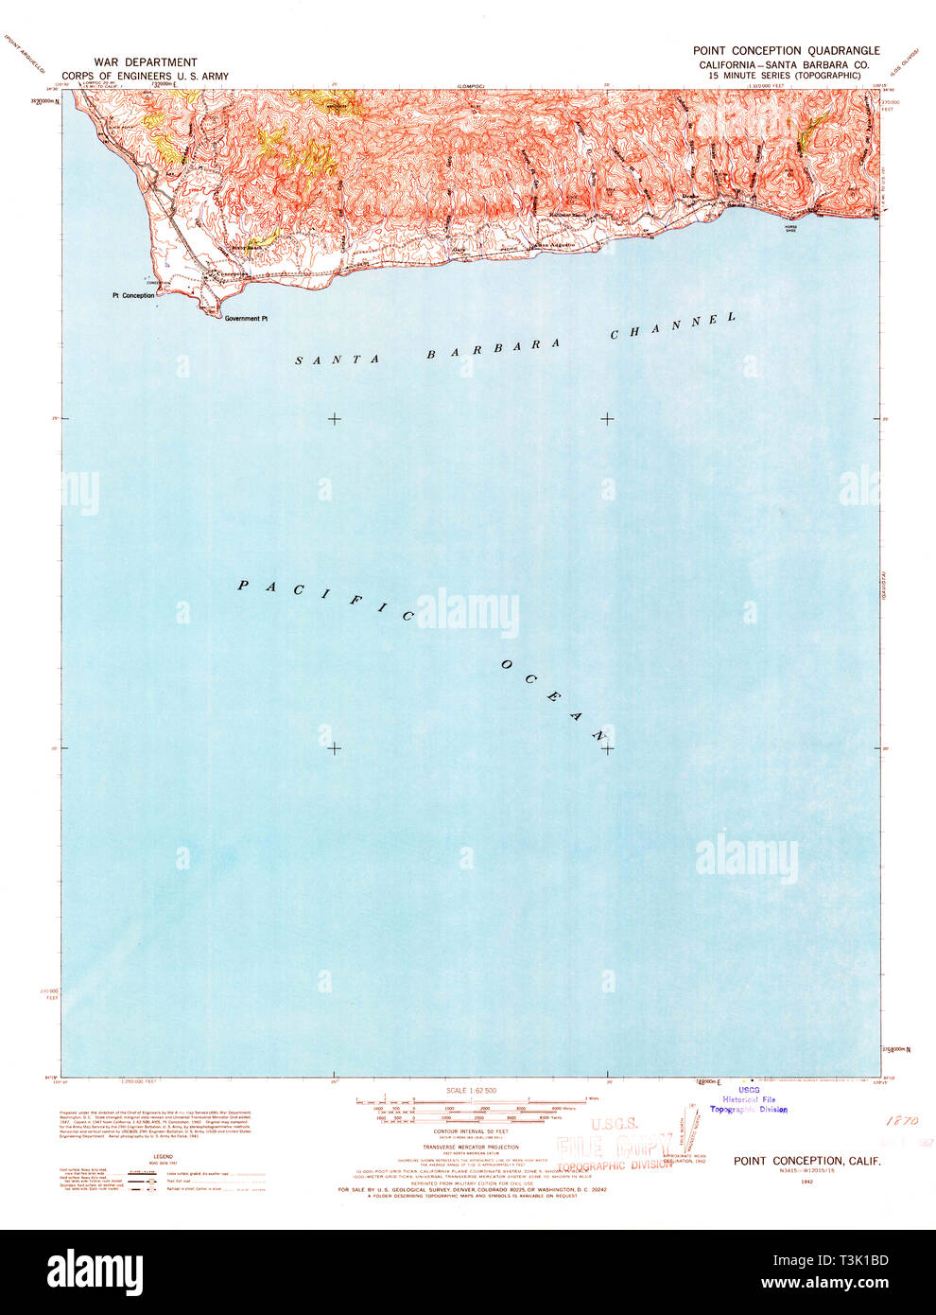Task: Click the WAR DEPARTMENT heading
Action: point(145,62)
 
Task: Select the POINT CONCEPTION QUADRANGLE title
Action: point(786,51)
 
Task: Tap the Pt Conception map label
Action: point(132,296)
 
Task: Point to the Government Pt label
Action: point(246,319)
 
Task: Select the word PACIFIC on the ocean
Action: point(325,601)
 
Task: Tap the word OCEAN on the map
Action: point(551,699)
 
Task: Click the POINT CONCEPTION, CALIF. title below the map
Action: point(806,1161)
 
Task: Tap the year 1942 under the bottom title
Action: point(806,1182)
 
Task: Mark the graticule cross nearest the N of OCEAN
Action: point(606,748)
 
